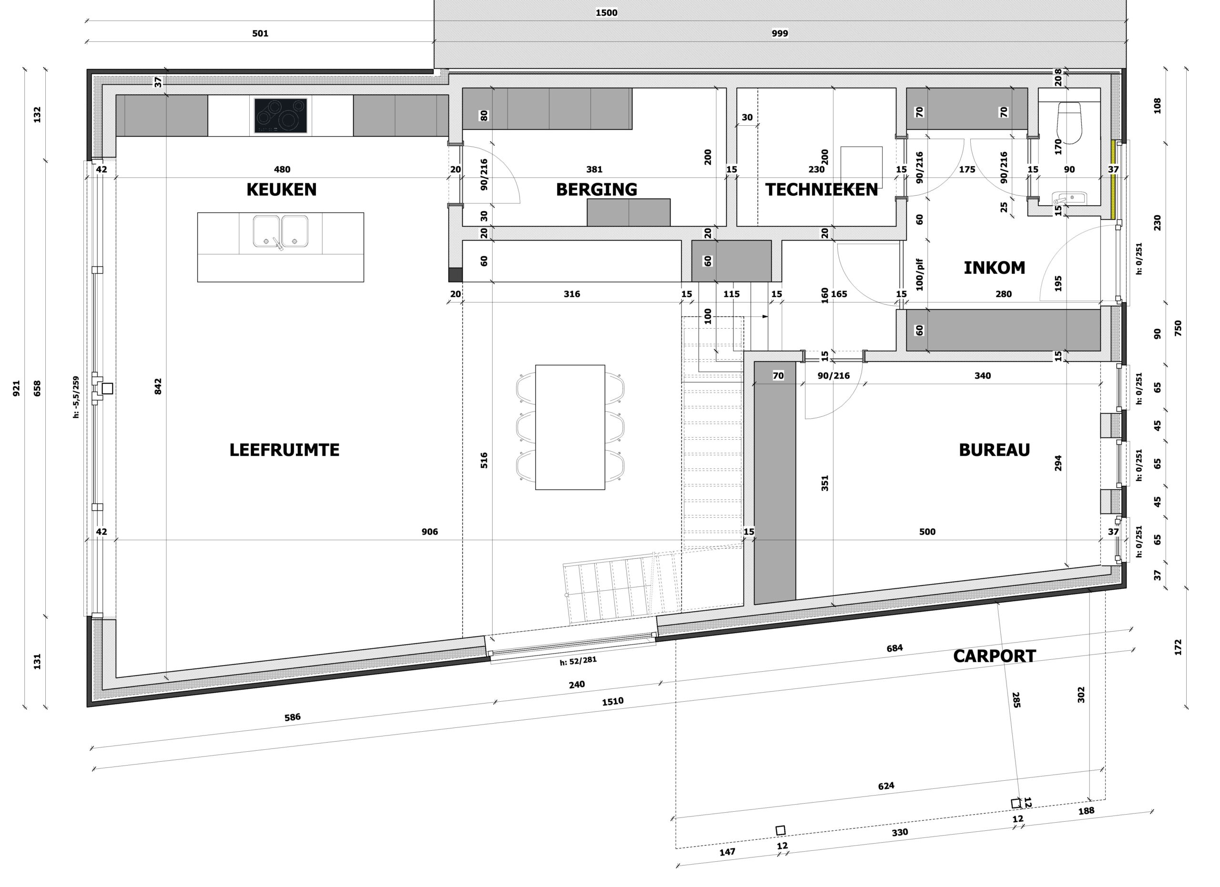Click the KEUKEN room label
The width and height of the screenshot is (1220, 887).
click(x=281, y=190)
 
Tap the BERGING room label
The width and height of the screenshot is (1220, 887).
click(x=597, y=190)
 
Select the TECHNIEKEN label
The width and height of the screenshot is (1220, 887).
click(x=822, y=190)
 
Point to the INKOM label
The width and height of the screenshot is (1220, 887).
click(x=994, y=268)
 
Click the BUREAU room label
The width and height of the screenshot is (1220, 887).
click(x=994, y=450)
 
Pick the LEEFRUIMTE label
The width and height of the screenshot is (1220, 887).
click(x=285, y=450)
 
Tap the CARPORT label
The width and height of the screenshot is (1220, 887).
click(x=994, y=656)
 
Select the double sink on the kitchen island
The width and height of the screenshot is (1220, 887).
click(x=280, y=231)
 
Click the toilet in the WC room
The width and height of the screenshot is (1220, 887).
click(x=1069, y=123)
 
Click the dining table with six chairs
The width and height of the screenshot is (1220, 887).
click(x=569, y=427)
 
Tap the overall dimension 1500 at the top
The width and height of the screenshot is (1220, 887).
click(x=606, y=13)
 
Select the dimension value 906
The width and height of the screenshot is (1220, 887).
click(x=430, y=532)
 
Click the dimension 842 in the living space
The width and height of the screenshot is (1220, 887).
click(x=158, y=386)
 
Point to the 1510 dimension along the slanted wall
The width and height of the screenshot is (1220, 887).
click(x=613, y=702)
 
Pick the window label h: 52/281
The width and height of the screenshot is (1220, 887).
click(x=578, y=661)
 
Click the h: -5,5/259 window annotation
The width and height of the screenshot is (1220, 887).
click(x=76, y=397)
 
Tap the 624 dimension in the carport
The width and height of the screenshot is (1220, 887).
click(x=886, y=786)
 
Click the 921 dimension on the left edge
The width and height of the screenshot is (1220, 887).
click(x=16, y=388)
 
